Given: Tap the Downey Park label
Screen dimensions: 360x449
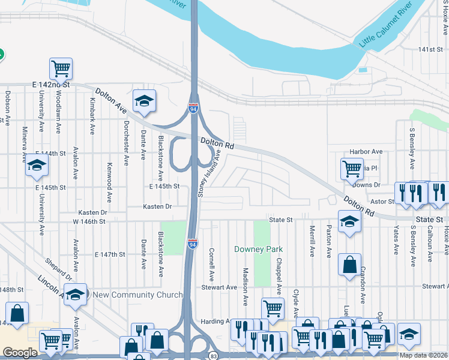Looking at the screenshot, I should pos(258,249).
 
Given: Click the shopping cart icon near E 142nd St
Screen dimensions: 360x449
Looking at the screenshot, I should pos(61,68).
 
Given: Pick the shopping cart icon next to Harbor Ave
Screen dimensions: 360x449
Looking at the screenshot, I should pos(352,169).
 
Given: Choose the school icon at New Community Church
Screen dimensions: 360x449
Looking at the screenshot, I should pos(76,294).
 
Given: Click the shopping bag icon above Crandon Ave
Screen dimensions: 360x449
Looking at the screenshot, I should pos(349,265).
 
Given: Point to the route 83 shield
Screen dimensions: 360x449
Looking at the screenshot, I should pos(214,356).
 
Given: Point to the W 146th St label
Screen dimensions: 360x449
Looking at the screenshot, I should pos(89,221).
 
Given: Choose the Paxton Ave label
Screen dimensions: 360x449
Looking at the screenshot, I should pos(328,242).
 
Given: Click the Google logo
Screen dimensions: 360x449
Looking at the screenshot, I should pos(20,353).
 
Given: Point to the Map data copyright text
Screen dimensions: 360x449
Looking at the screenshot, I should pos(423,355).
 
